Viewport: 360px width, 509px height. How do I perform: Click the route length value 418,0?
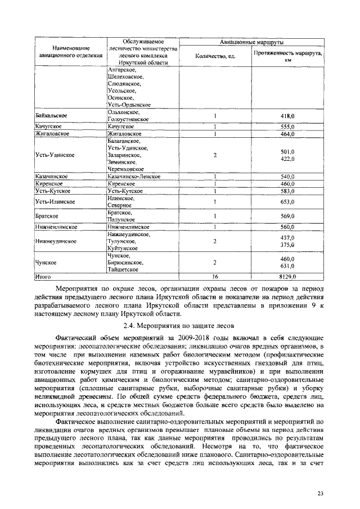[x=287, y=116]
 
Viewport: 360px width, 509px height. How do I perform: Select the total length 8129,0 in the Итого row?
[x=287, y=277]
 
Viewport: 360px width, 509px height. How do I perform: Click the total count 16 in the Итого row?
[x=215, y=277]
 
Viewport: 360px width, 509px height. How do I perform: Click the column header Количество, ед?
[x=215, y=56]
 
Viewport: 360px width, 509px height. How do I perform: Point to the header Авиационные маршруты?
[x=251, y=42]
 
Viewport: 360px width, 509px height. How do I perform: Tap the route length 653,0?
[x=287, y=202]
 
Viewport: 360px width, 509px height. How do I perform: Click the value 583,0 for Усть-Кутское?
[x=287, y=191]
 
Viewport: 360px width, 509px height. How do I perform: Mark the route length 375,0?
[x=287, y=245]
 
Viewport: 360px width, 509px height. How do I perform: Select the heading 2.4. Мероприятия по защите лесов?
[x=179, y=325]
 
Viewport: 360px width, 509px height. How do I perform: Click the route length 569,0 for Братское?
[x=287, y=216]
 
